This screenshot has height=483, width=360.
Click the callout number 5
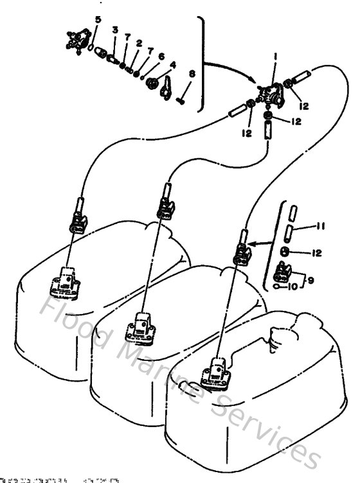tap(97, 19)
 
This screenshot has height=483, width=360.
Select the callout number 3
tap(114, 30)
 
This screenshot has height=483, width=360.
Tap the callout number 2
tap(138, 43)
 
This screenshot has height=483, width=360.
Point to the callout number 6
tap(161, 57)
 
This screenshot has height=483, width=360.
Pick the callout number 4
tap(172, 65)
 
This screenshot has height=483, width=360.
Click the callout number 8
tap(191, 75)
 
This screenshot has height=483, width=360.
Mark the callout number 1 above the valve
tap(274, 57)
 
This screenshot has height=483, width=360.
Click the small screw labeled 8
tap(180, 100)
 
